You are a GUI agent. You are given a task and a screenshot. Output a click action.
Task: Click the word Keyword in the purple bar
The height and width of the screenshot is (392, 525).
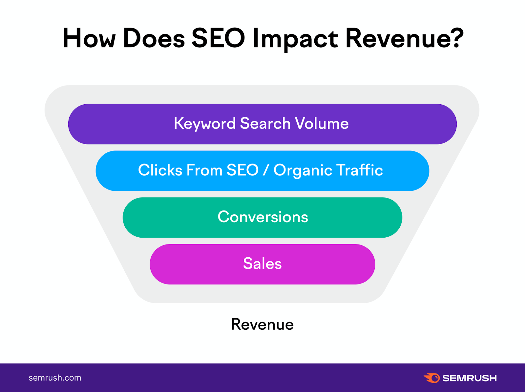click(x=205, y=124)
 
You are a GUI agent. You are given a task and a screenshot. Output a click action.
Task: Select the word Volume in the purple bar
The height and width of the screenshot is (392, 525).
click(x=322, y=123)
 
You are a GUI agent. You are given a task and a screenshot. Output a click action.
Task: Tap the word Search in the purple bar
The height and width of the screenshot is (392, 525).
click(x=265, y=123)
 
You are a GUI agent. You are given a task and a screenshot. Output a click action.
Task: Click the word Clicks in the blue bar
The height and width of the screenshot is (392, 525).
click(x=160, y=170)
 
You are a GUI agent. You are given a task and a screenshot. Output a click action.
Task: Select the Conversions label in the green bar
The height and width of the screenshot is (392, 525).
click(x=263, y=217)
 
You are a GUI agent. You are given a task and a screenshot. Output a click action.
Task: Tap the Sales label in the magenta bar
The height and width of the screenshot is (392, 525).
click(x=262, y=264)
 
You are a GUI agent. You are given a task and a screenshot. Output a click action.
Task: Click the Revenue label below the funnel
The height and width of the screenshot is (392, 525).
click(x=262, y=324)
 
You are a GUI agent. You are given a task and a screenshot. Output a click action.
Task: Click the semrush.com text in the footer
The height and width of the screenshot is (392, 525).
click(x=55, y=378)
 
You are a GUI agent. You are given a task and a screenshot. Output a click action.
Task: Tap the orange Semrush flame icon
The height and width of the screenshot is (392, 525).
click(x=431, y=378)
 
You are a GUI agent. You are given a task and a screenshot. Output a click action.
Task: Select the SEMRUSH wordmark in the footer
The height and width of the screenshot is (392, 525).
click(x=469, y=378)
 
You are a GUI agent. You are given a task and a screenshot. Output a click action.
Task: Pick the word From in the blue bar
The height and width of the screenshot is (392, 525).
click(x=204, y=170)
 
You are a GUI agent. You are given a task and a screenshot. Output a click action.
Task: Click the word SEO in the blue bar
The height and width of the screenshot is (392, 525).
click(x=242, y=170)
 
